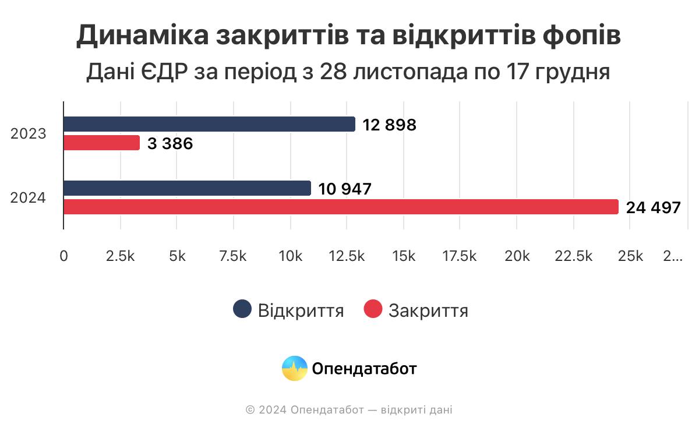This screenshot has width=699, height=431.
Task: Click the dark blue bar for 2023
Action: pyautogui.click(x=209, y=124)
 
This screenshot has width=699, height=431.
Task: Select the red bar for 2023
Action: pyautogui.click(x=101, y=143)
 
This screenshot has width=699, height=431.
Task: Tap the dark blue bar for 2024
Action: pyautogui.click(x=187, y=188)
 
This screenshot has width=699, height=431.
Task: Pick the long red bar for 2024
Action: pyautogui.click(x=341, y=207)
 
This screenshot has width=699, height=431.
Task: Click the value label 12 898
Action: pyautogui.click(x=389, y=125)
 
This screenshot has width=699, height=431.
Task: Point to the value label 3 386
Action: pyautogui.click(x=170, y=144)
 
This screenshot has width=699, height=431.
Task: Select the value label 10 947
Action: pyautogui.click(x=345, y=189)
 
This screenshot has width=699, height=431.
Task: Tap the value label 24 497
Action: pyautogui.click(x=653, y=208)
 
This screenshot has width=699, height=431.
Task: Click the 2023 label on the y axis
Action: pyautogui.click(x=28, y=134)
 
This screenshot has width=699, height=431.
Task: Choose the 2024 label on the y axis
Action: pyautogui.click(x=28, y=198)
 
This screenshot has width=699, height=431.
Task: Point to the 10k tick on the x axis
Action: pyautogui.click(x=290, y=256)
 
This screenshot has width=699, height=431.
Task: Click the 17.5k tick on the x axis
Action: pyautogui.click(x=460, y=256)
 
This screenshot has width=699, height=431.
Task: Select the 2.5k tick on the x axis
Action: pyautogui.click(x=121, y=256)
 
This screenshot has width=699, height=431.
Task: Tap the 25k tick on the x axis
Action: pyautogui.click(x=631, y=256)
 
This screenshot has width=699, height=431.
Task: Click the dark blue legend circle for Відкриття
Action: pyautogui.click(x=242, y=309)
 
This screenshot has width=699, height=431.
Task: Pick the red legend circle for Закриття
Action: pyautogui.click(x=373, y=309)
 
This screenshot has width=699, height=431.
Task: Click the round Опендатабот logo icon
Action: pyautogui.click(x=295, y=368)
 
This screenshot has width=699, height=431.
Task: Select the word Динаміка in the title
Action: pyautogui.click(x=142, y=36)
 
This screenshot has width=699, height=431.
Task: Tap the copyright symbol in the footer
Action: pyautogui.click(x=250, y=410)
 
